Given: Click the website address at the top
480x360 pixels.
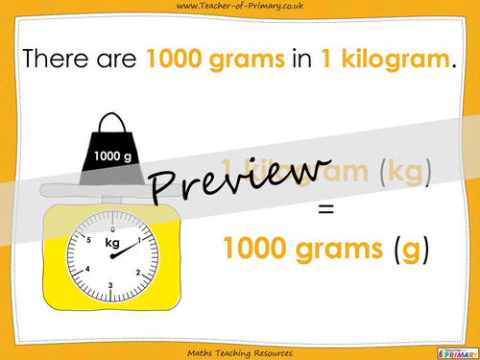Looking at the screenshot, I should tap(240, 8).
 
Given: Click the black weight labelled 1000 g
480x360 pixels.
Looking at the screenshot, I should tap(113, 154).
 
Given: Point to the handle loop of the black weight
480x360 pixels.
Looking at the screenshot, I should tap(114, 123).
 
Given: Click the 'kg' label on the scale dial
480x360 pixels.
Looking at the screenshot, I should tap(112, 244).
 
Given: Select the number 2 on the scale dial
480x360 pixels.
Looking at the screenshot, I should tap(138, 272).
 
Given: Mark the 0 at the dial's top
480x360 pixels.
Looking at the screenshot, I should tap(112, 229).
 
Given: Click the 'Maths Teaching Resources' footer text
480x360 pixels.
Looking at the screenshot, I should tap(240, 349).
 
